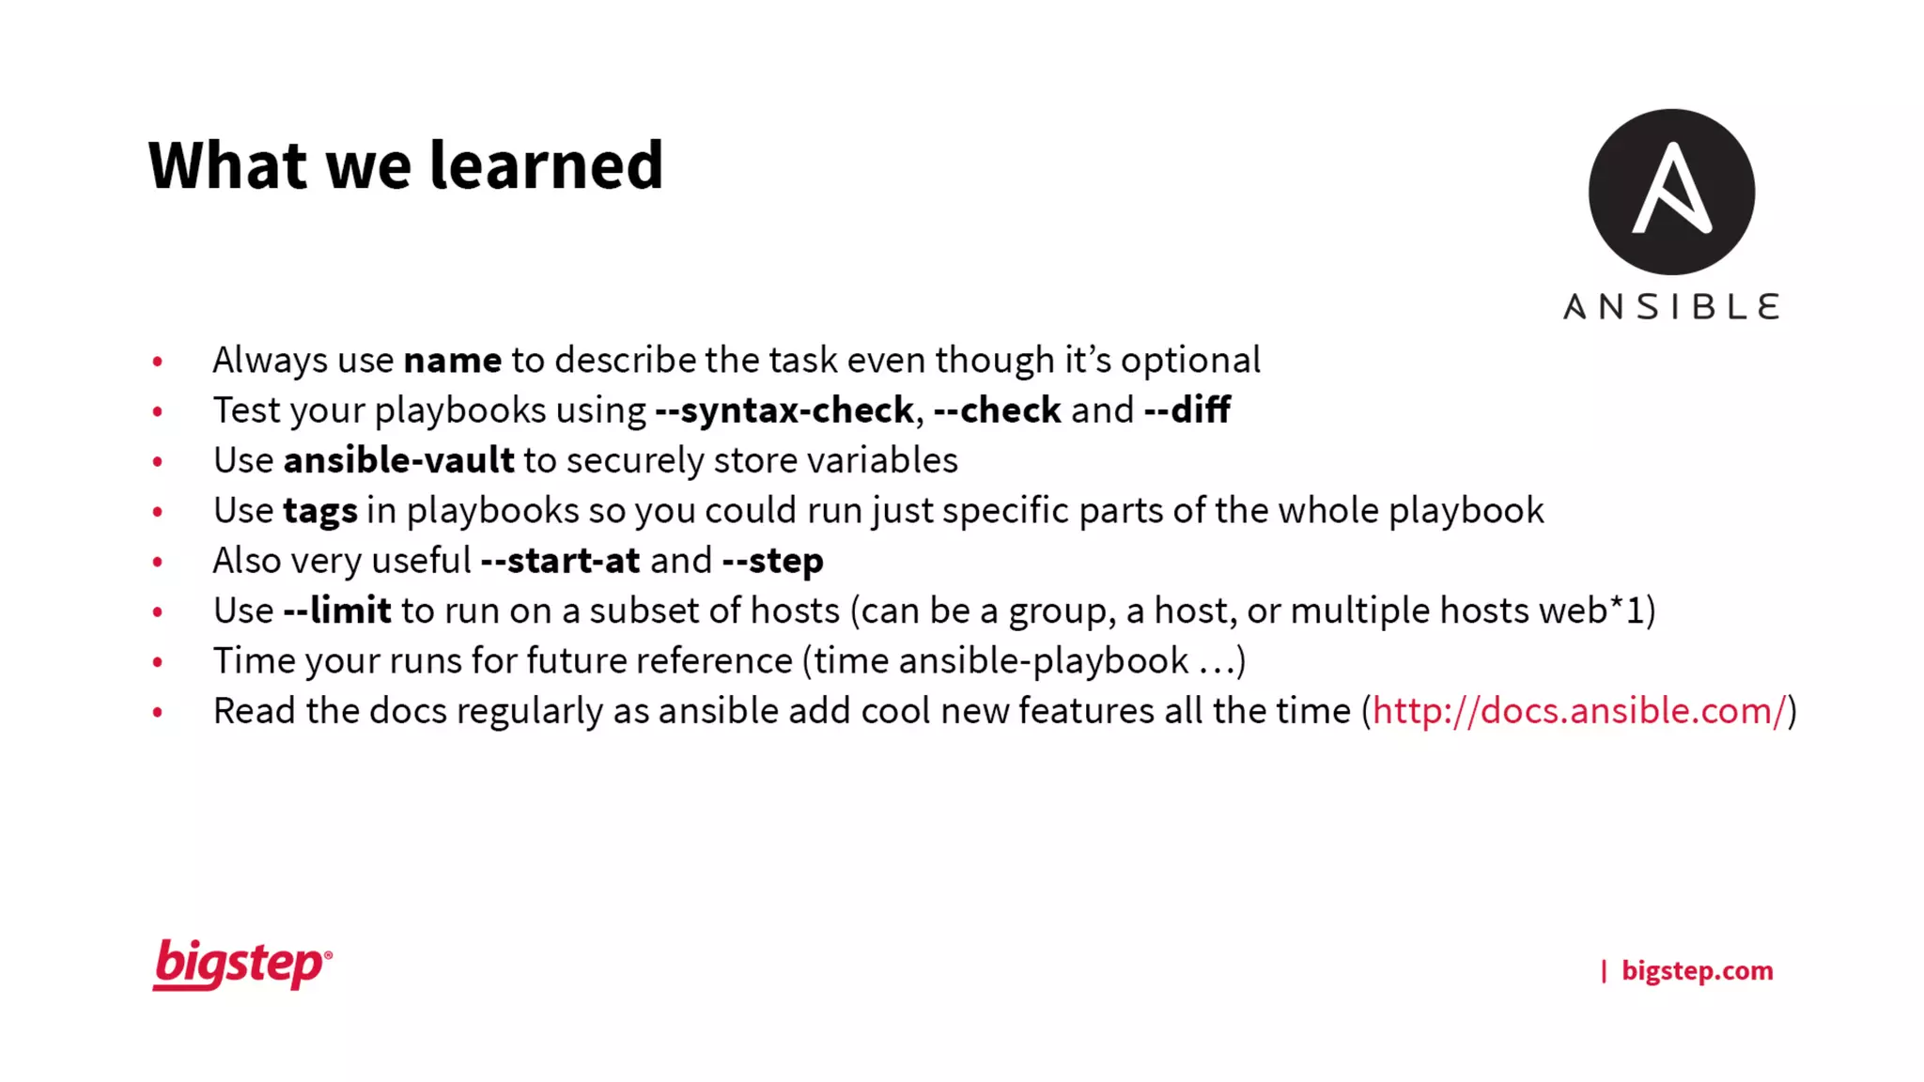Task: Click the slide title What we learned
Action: [x=406, y=165]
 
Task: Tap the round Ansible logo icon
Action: [x=1671, y=192]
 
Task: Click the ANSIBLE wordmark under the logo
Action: [x=1671, y=307]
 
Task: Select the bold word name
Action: [x=453, y=361]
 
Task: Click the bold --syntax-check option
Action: [x=784, y=410]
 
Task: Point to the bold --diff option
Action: [x=1187, y=410]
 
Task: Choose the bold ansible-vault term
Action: [x=398, y=460]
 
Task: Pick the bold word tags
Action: [x=320, y=511]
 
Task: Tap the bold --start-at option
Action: [x=560, y=561]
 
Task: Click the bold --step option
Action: [x=772, y=561]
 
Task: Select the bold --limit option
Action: [x=337, y=611]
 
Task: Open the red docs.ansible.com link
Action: [x=1578, y=711]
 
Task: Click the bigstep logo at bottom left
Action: [x=241, y=965]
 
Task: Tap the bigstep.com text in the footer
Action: [x=1697, y=970]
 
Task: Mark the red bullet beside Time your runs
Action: [x=158, y=662]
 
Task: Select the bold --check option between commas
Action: [x=997, y=410]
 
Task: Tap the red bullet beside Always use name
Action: [x=158, y=362]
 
